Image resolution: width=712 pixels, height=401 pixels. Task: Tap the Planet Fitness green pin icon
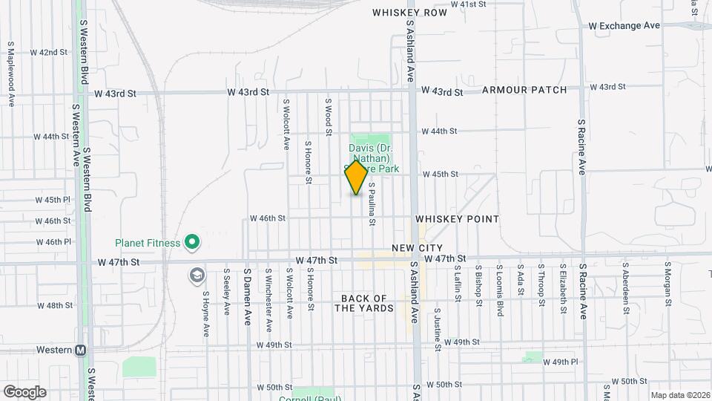[x=192, y=242]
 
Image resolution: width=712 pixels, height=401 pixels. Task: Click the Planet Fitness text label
[x=148, y=243]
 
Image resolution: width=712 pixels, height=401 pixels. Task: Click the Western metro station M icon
[x=80, y=351]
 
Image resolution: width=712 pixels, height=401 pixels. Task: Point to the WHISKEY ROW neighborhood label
[x=409, y=13]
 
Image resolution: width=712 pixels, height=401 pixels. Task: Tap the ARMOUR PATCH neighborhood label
[x=524, y=90]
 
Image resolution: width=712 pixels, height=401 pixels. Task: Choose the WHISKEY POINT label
[x=457, y=219]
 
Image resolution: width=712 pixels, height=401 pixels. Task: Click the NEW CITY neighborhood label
[x=418, y=248]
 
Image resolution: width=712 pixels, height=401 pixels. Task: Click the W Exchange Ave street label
[x=624, y=25]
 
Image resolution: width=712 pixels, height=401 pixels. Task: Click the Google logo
[x=24, y=391]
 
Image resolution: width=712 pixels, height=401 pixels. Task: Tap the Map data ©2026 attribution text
[x=679, y=395]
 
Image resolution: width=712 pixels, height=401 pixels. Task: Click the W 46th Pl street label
[x=53, y=242]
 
